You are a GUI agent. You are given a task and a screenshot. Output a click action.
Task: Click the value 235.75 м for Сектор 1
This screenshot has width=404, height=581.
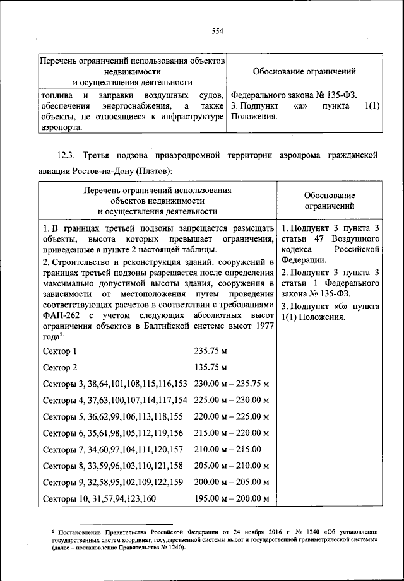[210, 351]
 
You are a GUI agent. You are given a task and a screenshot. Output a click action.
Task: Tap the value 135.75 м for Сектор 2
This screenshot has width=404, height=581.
[210, 367]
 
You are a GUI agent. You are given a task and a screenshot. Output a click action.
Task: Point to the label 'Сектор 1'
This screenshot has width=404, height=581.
[59, 351]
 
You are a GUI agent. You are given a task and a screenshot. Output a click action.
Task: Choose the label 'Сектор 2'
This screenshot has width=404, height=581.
[59, 367]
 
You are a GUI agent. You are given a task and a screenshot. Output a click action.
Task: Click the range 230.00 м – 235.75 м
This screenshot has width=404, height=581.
[232, 384]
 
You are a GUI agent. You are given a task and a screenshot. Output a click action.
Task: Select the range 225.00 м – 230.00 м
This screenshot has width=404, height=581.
[232, 400]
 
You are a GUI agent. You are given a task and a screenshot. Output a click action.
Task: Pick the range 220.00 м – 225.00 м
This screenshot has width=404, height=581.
[232, 416]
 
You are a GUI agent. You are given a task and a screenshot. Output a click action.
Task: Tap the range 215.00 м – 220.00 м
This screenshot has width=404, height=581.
[232, 433]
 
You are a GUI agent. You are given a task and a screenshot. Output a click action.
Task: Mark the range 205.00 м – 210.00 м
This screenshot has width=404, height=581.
[232, 466]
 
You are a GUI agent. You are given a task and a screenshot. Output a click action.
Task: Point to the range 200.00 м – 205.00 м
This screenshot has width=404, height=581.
[232, 482]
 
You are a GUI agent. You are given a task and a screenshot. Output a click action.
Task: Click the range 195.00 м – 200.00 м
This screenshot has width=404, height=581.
[232, 498]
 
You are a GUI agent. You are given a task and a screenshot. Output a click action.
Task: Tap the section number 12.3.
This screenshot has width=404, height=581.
[68, 155]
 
